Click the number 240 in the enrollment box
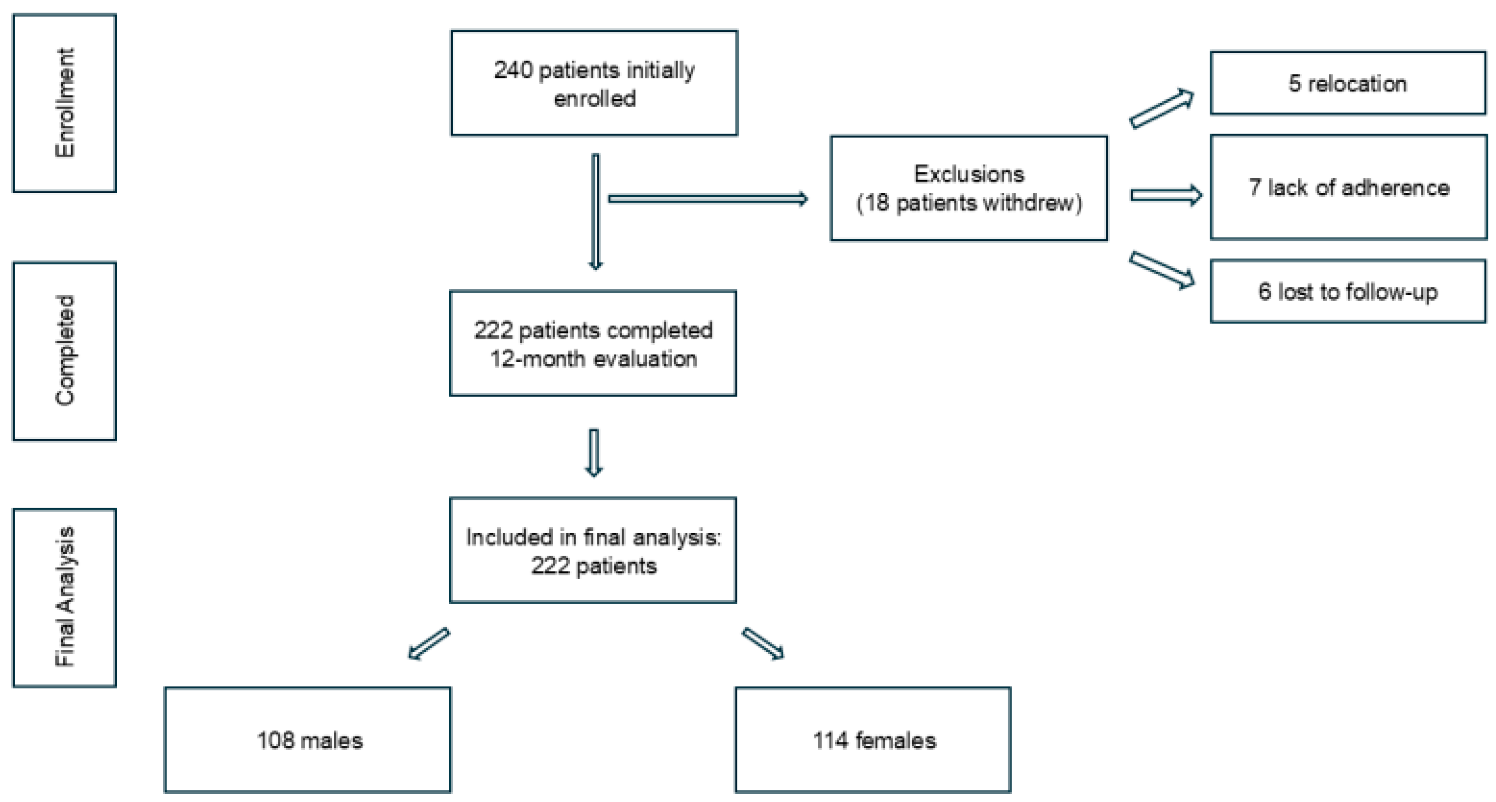click(x=513, y=70)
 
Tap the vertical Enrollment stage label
click(x=64, y=103)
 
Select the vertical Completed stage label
click(x=64, y=351)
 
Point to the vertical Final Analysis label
click(x=64, y=598)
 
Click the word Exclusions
click(x=969, y=174)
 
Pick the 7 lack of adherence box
click(x=1349, y=187)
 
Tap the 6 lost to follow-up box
click(x=1347, y=292)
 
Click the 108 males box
click(x=308, y=740)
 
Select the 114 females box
click(x=873, y=740)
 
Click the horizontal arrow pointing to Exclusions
click(x=707, y=199)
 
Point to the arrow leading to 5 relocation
click(x=1162, y=108)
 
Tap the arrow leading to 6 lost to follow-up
click(x=1162, y=270)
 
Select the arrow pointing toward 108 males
click(x=429, y=644)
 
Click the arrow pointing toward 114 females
click(x=763, y=644)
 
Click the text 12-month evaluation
click(x=593, y=359)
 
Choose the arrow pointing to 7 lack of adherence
click(x=1166, y=195)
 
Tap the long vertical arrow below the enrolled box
click(x=595, y=212)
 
